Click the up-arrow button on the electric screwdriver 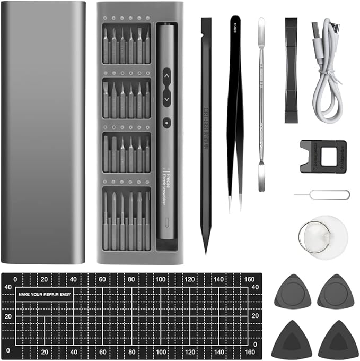pyautogui.click(x=166, y=76)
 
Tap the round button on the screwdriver pyautogui.click(x=166, y=122)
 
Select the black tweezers pyautogui.click(x=234, y=106)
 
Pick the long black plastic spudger pyautogui.click(x=206, y=133)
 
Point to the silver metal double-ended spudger pyautogui.click(x=261, y=106)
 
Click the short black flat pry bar pyautogui.click(x=291, y=69)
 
